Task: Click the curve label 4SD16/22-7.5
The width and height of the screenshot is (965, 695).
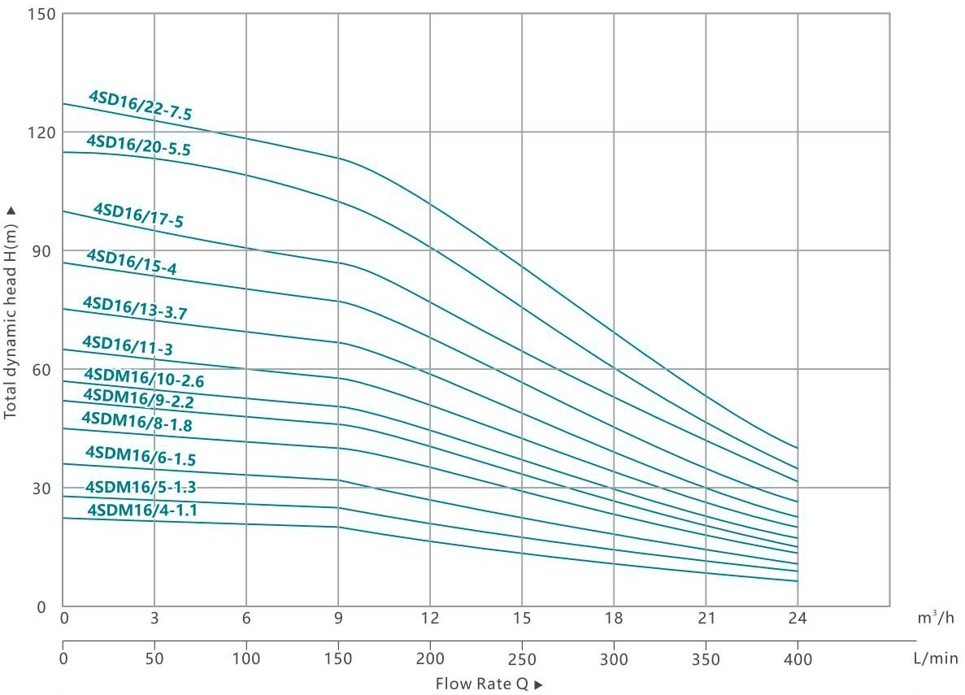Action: coord(140,106)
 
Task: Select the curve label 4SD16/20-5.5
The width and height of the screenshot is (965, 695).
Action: coord(138,145)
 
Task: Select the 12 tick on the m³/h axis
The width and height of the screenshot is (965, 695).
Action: coord(430,619)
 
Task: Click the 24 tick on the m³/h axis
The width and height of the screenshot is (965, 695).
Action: coord(798,619)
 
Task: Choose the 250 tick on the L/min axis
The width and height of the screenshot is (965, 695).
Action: coord(521,658)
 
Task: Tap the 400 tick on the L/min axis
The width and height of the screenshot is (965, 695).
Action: coord(798,658)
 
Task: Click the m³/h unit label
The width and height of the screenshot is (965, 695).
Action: coord(936,619)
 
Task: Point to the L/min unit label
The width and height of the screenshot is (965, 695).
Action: coord(935,658)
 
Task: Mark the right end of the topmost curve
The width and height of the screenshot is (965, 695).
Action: coord(798,448)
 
